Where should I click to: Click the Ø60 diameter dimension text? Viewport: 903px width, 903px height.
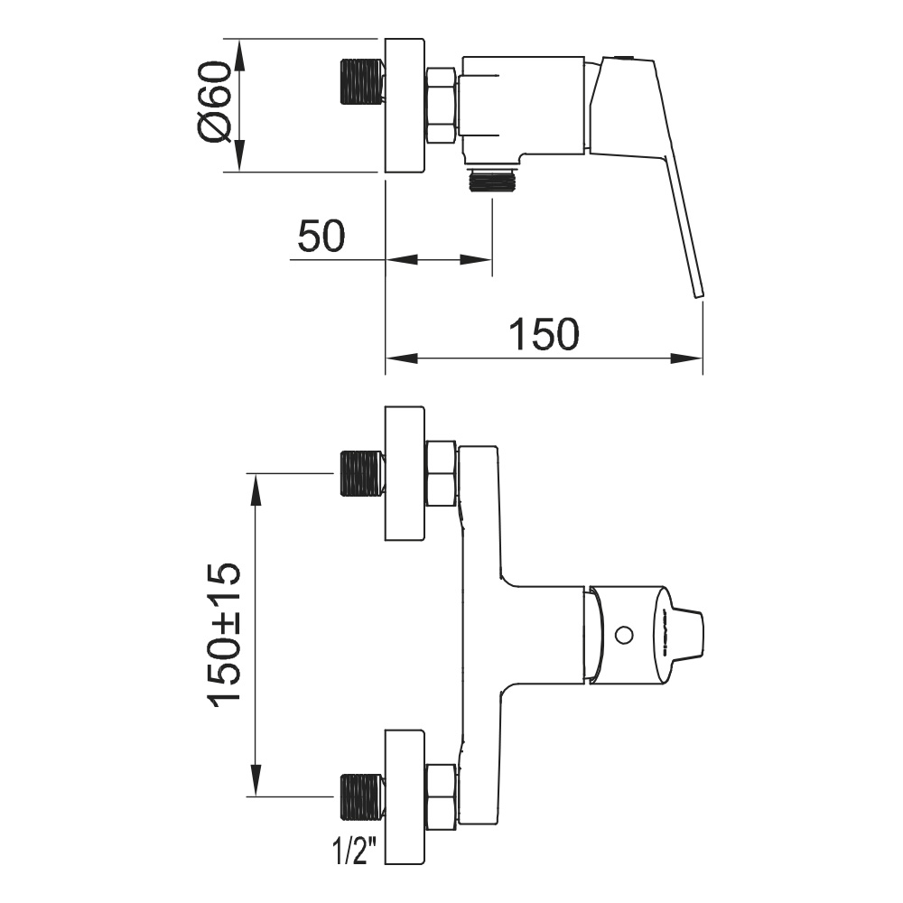pos(214,102)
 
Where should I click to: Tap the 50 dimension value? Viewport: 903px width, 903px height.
pos(321,236)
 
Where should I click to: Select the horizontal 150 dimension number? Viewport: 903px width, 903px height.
pos(545,334)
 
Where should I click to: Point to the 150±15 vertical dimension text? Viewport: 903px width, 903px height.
pos(224,634)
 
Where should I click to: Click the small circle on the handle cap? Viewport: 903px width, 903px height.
pos(624,636)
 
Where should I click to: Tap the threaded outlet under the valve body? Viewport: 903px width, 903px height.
pos(493,181)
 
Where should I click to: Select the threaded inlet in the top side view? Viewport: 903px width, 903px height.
pos(363,82)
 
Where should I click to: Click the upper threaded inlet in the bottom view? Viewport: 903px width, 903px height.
pos(363,473)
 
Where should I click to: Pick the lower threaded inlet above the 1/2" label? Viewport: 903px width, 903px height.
pos(363,797)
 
